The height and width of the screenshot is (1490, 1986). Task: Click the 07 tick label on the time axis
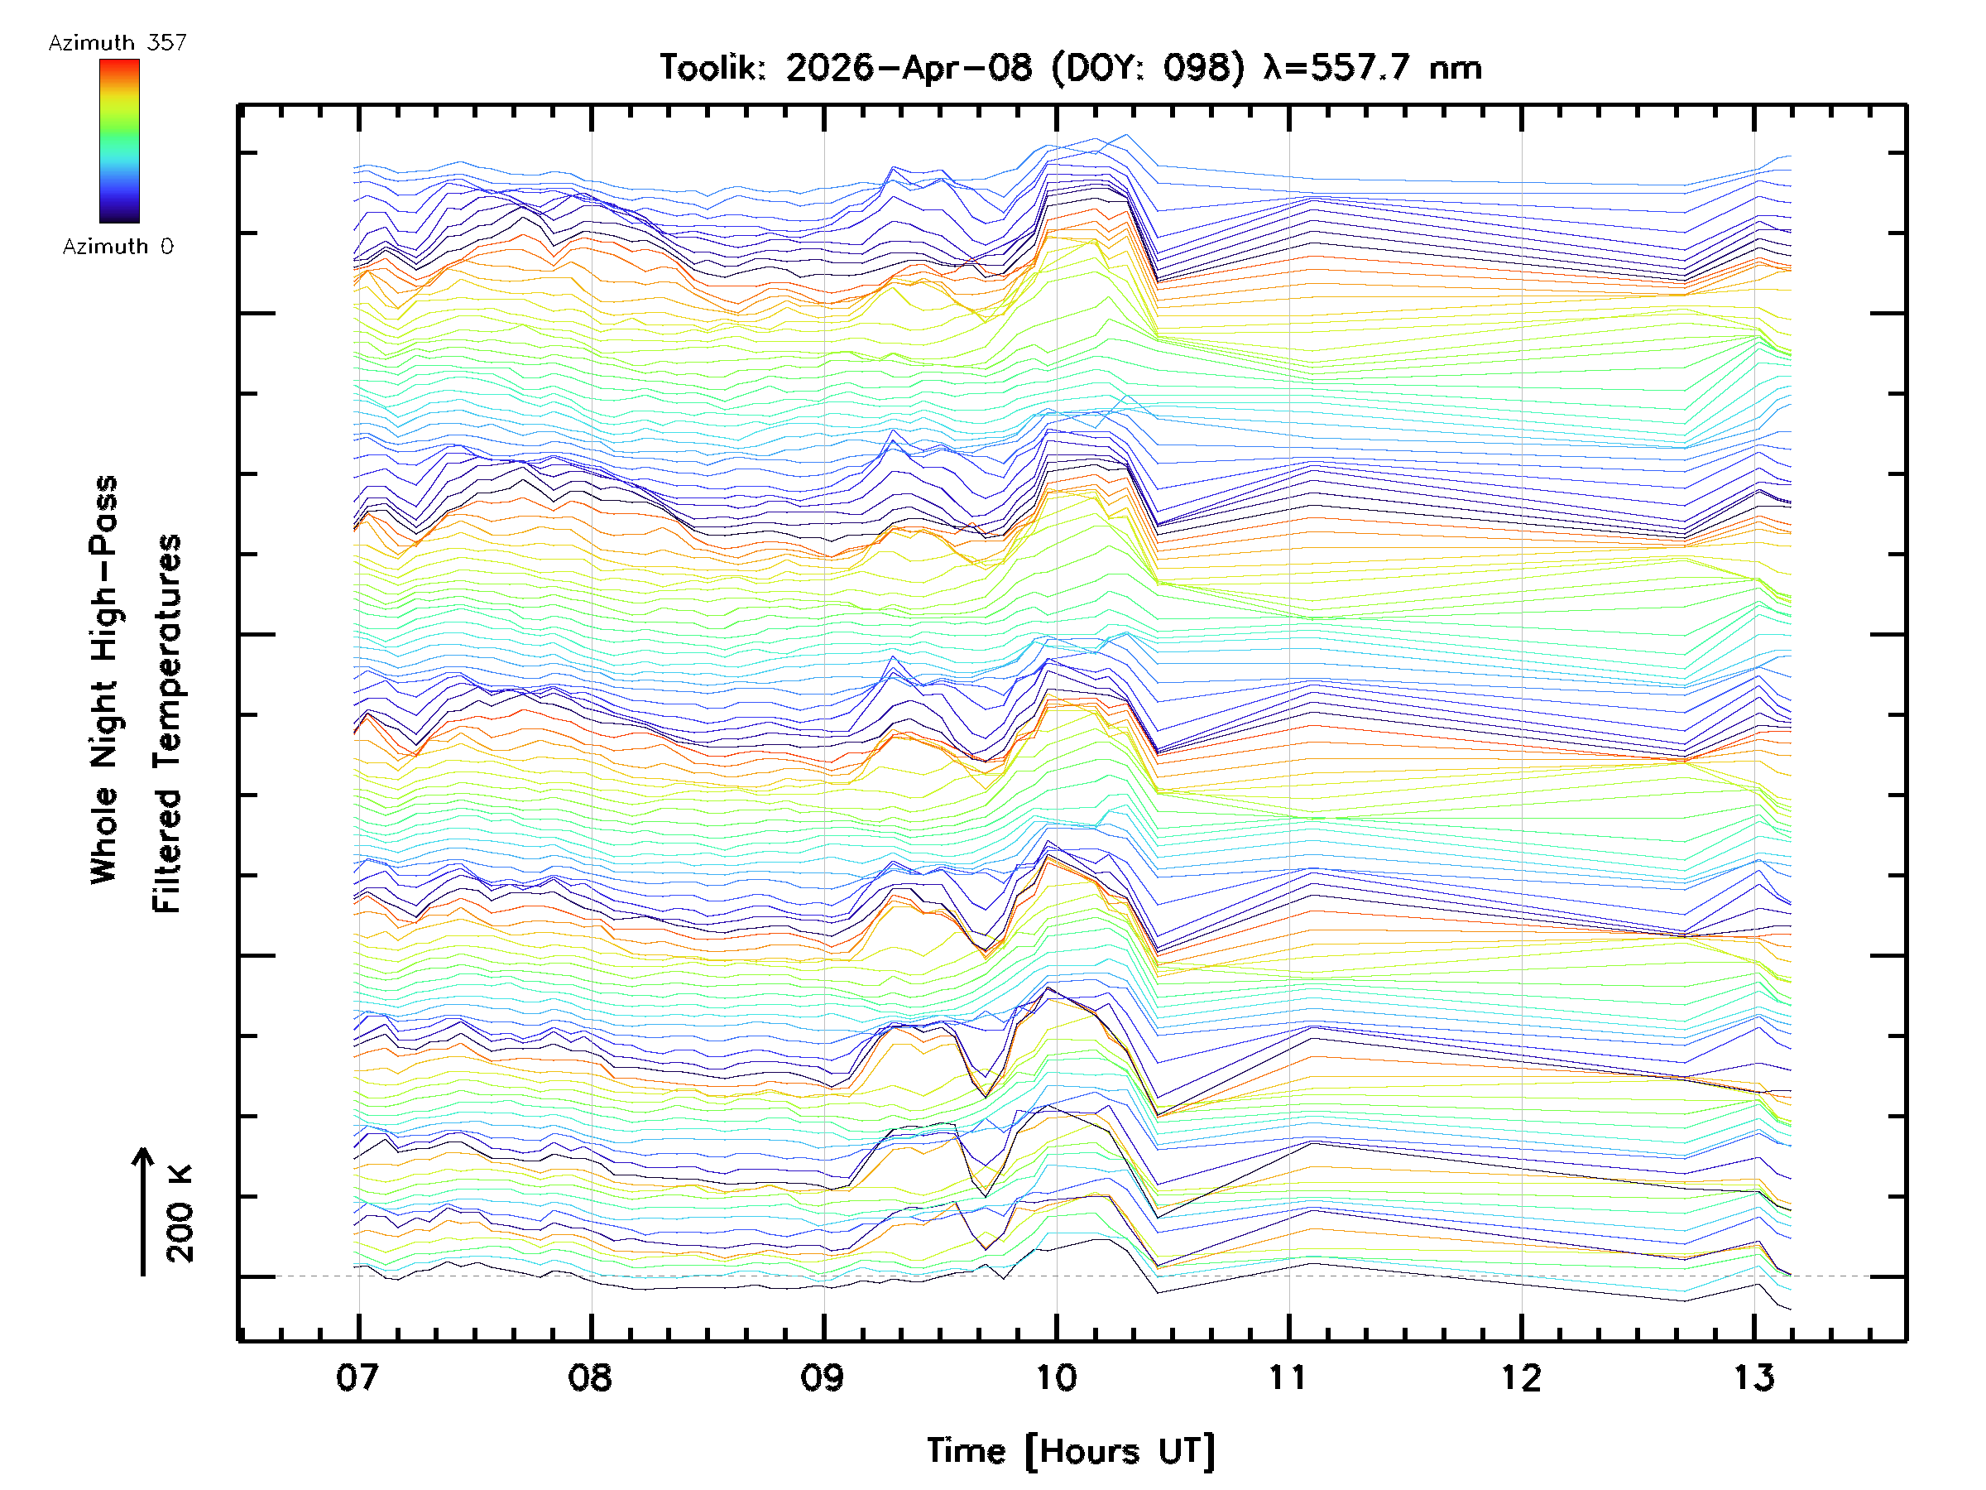pyautogui.click(x=357, y=1377)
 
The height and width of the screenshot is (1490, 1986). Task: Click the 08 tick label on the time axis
pyautogui.click(x=590, y=1377)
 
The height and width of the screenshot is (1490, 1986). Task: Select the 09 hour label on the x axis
pyautogui.click(x=823, y=1377)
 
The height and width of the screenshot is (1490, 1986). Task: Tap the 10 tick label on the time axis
pyautogui.click(x=1056, y=1377)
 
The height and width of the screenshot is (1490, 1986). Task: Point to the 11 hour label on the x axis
pyautogui.click(x=1288, y=1377)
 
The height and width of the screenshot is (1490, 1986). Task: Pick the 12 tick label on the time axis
pyautogui.click(x=1521, y=1377)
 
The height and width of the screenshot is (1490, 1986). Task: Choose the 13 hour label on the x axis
pyautogui.click(x=1753, y=1377)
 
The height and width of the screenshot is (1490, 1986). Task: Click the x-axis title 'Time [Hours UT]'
pyautogui.click(x=1070, y=1451)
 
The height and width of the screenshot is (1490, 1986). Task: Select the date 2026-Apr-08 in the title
pyautogui.click(x=909, y=67)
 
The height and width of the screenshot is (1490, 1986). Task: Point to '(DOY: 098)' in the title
pyautogui.click(x=1149, y=67)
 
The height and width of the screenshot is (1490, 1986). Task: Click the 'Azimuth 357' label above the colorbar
pyautogui.click(x=118, y=42)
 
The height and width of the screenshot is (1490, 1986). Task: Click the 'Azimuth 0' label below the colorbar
pyautogui.click(x=118, y=246)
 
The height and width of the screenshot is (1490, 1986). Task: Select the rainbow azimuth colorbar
pyautogui.click(x=119, y=141)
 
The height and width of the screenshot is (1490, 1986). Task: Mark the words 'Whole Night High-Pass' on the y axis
pyautogui.click(x=104, y=680)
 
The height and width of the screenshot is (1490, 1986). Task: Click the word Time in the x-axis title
pyautogui.click(x=966, y=1451)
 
